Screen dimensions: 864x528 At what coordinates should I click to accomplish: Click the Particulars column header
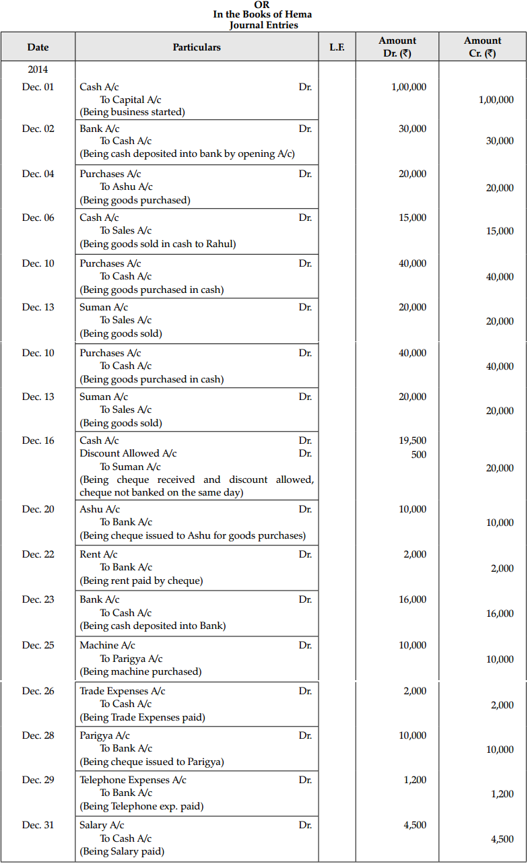coord(197,47)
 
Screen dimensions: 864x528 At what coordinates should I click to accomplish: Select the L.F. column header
coord(337,47)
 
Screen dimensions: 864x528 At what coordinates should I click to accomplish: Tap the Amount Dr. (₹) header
coord(397,47)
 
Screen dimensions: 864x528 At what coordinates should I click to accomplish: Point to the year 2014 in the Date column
coord(38,69)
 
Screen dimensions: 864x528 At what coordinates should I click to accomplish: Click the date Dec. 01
coord(38,87)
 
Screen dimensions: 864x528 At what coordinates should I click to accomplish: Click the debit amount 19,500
coord(412,440)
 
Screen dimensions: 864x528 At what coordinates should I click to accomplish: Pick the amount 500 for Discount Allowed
coord(418,455)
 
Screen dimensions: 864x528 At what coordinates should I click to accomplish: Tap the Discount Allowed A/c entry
coord(128,453)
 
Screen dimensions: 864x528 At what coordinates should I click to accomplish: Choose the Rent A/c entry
coord(98,554)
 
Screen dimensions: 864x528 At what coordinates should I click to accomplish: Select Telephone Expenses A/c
coord(133,780)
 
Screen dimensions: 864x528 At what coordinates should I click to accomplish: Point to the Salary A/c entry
coord(102,825)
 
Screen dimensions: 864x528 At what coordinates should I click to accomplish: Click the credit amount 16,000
coord(500,613)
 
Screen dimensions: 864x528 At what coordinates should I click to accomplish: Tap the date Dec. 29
coord(38,780)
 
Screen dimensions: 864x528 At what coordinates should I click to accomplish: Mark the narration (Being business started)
coord(132,112)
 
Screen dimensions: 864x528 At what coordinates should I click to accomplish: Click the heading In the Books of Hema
coord(262,14)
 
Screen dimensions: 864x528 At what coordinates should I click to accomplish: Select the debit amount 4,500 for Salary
coord(414,825)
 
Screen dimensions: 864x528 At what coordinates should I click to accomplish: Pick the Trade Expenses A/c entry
coord(122,691)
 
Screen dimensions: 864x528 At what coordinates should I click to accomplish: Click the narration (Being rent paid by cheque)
coord(141,580)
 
